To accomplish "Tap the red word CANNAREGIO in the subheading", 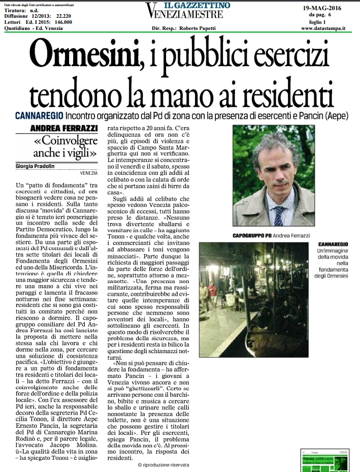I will click(39, 116).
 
